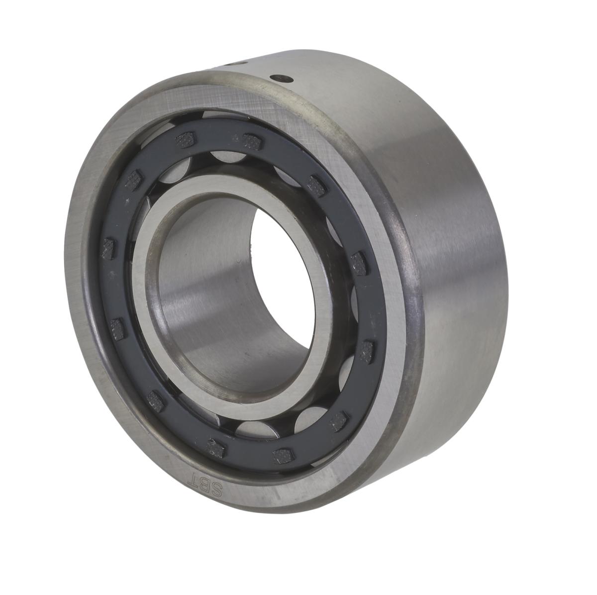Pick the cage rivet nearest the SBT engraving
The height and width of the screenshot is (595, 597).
click(x=215, y=448)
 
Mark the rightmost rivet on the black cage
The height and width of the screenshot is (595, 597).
click(x=367, y=352)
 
